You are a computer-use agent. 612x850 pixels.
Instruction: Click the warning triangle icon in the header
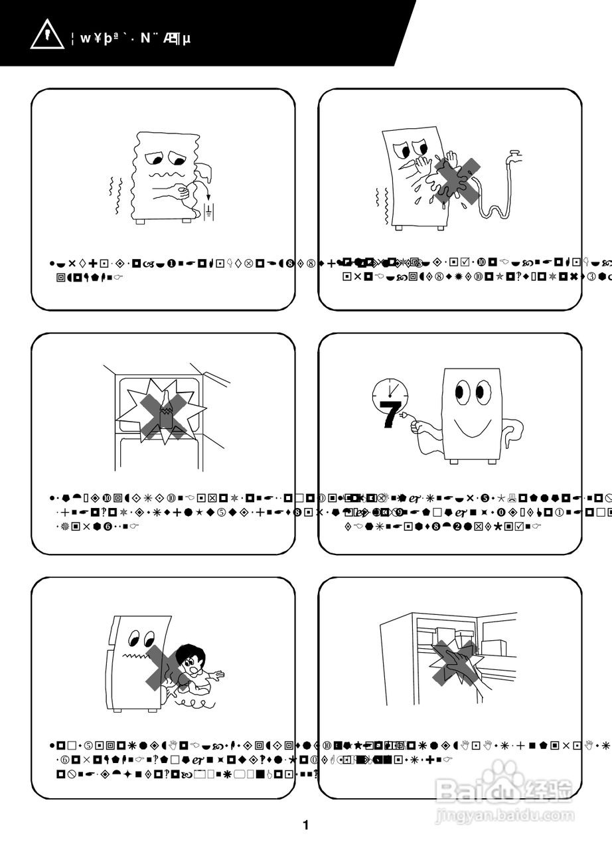click(x=46, y=36)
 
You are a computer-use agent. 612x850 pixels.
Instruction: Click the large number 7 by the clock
click(x=391, y=414)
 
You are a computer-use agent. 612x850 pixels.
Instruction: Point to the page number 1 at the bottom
click(x=305, y=825)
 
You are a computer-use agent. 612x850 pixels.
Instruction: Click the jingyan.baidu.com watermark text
click(x=504, y=815)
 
